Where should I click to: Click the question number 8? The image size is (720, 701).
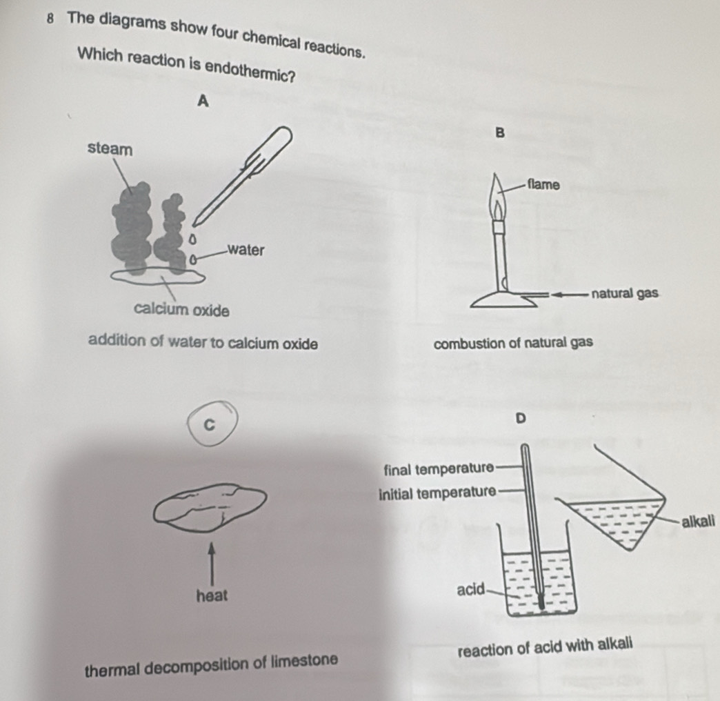click(x=51, y=19)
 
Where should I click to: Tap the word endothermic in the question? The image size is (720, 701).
click(x=250, y=71)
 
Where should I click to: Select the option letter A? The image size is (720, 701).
click(x=203, y=101)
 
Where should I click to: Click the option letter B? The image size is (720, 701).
click(x=501, y=132)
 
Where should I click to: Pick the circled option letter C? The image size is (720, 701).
click(x=209, y=425)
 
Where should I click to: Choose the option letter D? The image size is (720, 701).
click(x=520, y=419)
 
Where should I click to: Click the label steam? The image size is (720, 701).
click(x=110, y=149)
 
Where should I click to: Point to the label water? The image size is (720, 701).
click(x=246, y=250)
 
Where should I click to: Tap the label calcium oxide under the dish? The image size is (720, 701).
click(x=181, y=310)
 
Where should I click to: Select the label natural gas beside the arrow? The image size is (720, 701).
click(x=625, y=293)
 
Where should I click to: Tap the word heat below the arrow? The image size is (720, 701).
click(x=212, y=596)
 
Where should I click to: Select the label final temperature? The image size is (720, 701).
click(x=439, y=469)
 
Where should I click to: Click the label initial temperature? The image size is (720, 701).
click(x=438, y=493)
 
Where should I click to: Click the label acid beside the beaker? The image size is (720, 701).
click(x=470, y=589)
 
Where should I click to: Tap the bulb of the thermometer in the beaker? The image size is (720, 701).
click(x=542, y=602)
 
